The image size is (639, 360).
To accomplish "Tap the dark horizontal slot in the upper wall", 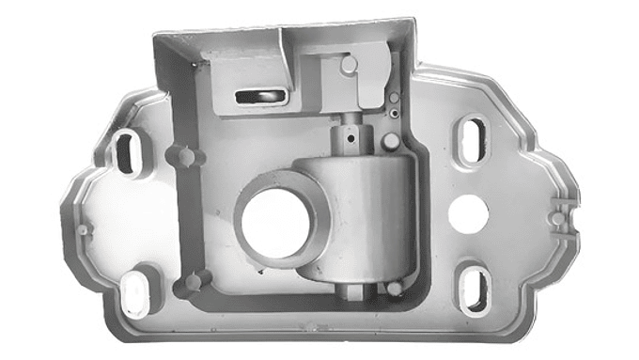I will pos(257,94).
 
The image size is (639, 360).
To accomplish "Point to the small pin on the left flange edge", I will pos(84,228).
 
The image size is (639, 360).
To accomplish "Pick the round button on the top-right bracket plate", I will pos(350,66).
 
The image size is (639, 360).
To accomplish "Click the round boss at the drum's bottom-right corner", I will pos(396,288).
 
